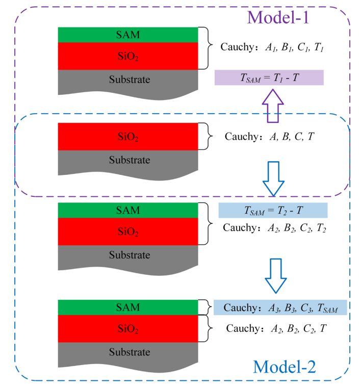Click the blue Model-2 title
tap(284, 366)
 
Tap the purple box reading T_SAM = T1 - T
tap(269, 77)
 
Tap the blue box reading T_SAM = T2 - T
tap(272, 211)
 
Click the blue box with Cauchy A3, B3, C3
tap(280, 307)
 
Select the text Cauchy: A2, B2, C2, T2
tap(274, 228)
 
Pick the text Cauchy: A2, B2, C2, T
tap(276, 329)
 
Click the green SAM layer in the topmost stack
tap(127, 35)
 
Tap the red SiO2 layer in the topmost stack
tap(127, 56)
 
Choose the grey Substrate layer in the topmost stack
tap(127, 81)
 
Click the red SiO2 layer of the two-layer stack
tap(127, 137)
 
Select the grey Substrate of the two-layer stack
tap(127, 161)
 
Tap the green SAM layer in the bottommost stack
tap(127, 307)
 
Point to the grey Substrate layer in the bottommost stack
tap(127, 353)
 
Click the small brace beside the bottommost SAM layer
tap(207, 307)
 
